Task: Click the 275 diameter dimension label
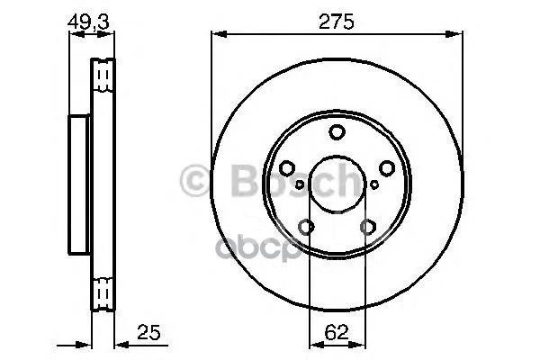[336, 22]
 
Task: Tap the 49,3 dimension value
[88, 22]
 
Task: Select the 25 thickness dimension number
[148, 332]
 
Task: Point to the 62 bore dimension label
[337, 332]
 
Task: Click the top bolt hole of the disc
[337, 132]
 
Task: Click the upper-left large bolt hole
[287, 168]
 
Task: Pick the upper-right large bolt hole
[387, 168]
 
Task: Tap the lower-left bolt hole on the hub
[306, 227]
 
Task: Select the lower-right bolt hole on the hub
[368, 227]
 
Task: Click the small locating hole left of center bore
[300, 184]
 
